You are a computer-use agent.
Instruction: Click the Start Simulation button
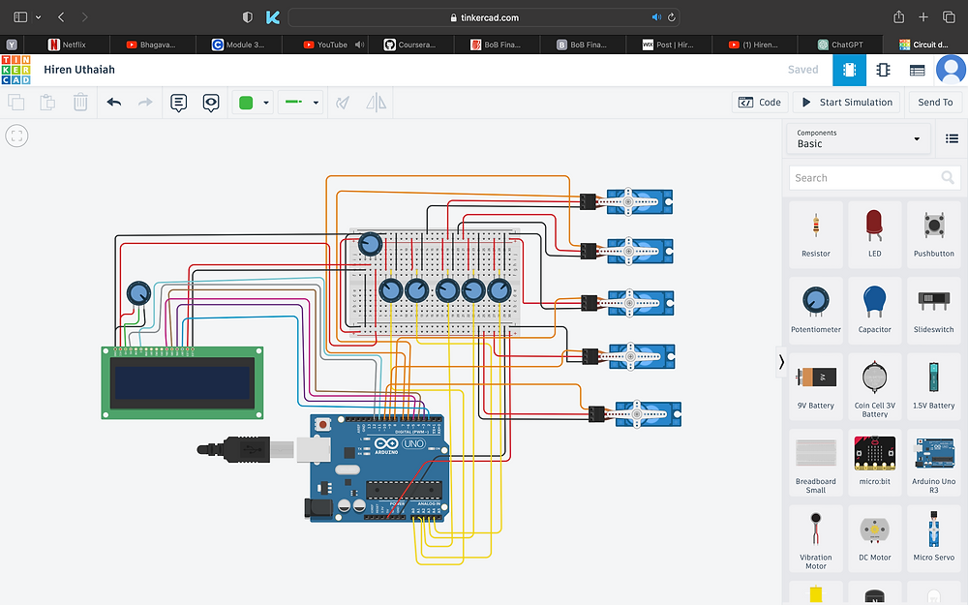click(847, 102)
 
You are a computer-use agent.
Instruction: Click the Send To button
click(935, 102)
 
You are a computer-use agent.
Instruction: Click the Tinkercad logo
click(15, 70)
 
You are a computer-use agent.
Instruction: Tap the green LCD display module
click(183, 382)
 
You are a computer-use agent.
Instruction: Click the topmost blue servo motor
click(638, 201)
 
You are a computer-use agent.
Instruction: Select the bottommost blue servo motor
click(648, 414)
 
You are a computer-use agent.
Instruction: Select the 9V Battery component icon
click(816, 385)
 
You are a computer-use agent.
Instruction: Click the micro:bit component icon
click(875, 461)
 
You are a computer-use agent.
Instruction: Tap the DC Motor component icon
click(875, 536)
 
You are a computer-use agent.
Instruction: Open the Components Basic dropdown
click(858, 138)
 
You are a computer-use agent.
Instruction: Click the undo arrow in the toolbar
click(114, 102)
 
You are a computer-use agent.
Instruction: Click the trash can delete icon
click(80, 102)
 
